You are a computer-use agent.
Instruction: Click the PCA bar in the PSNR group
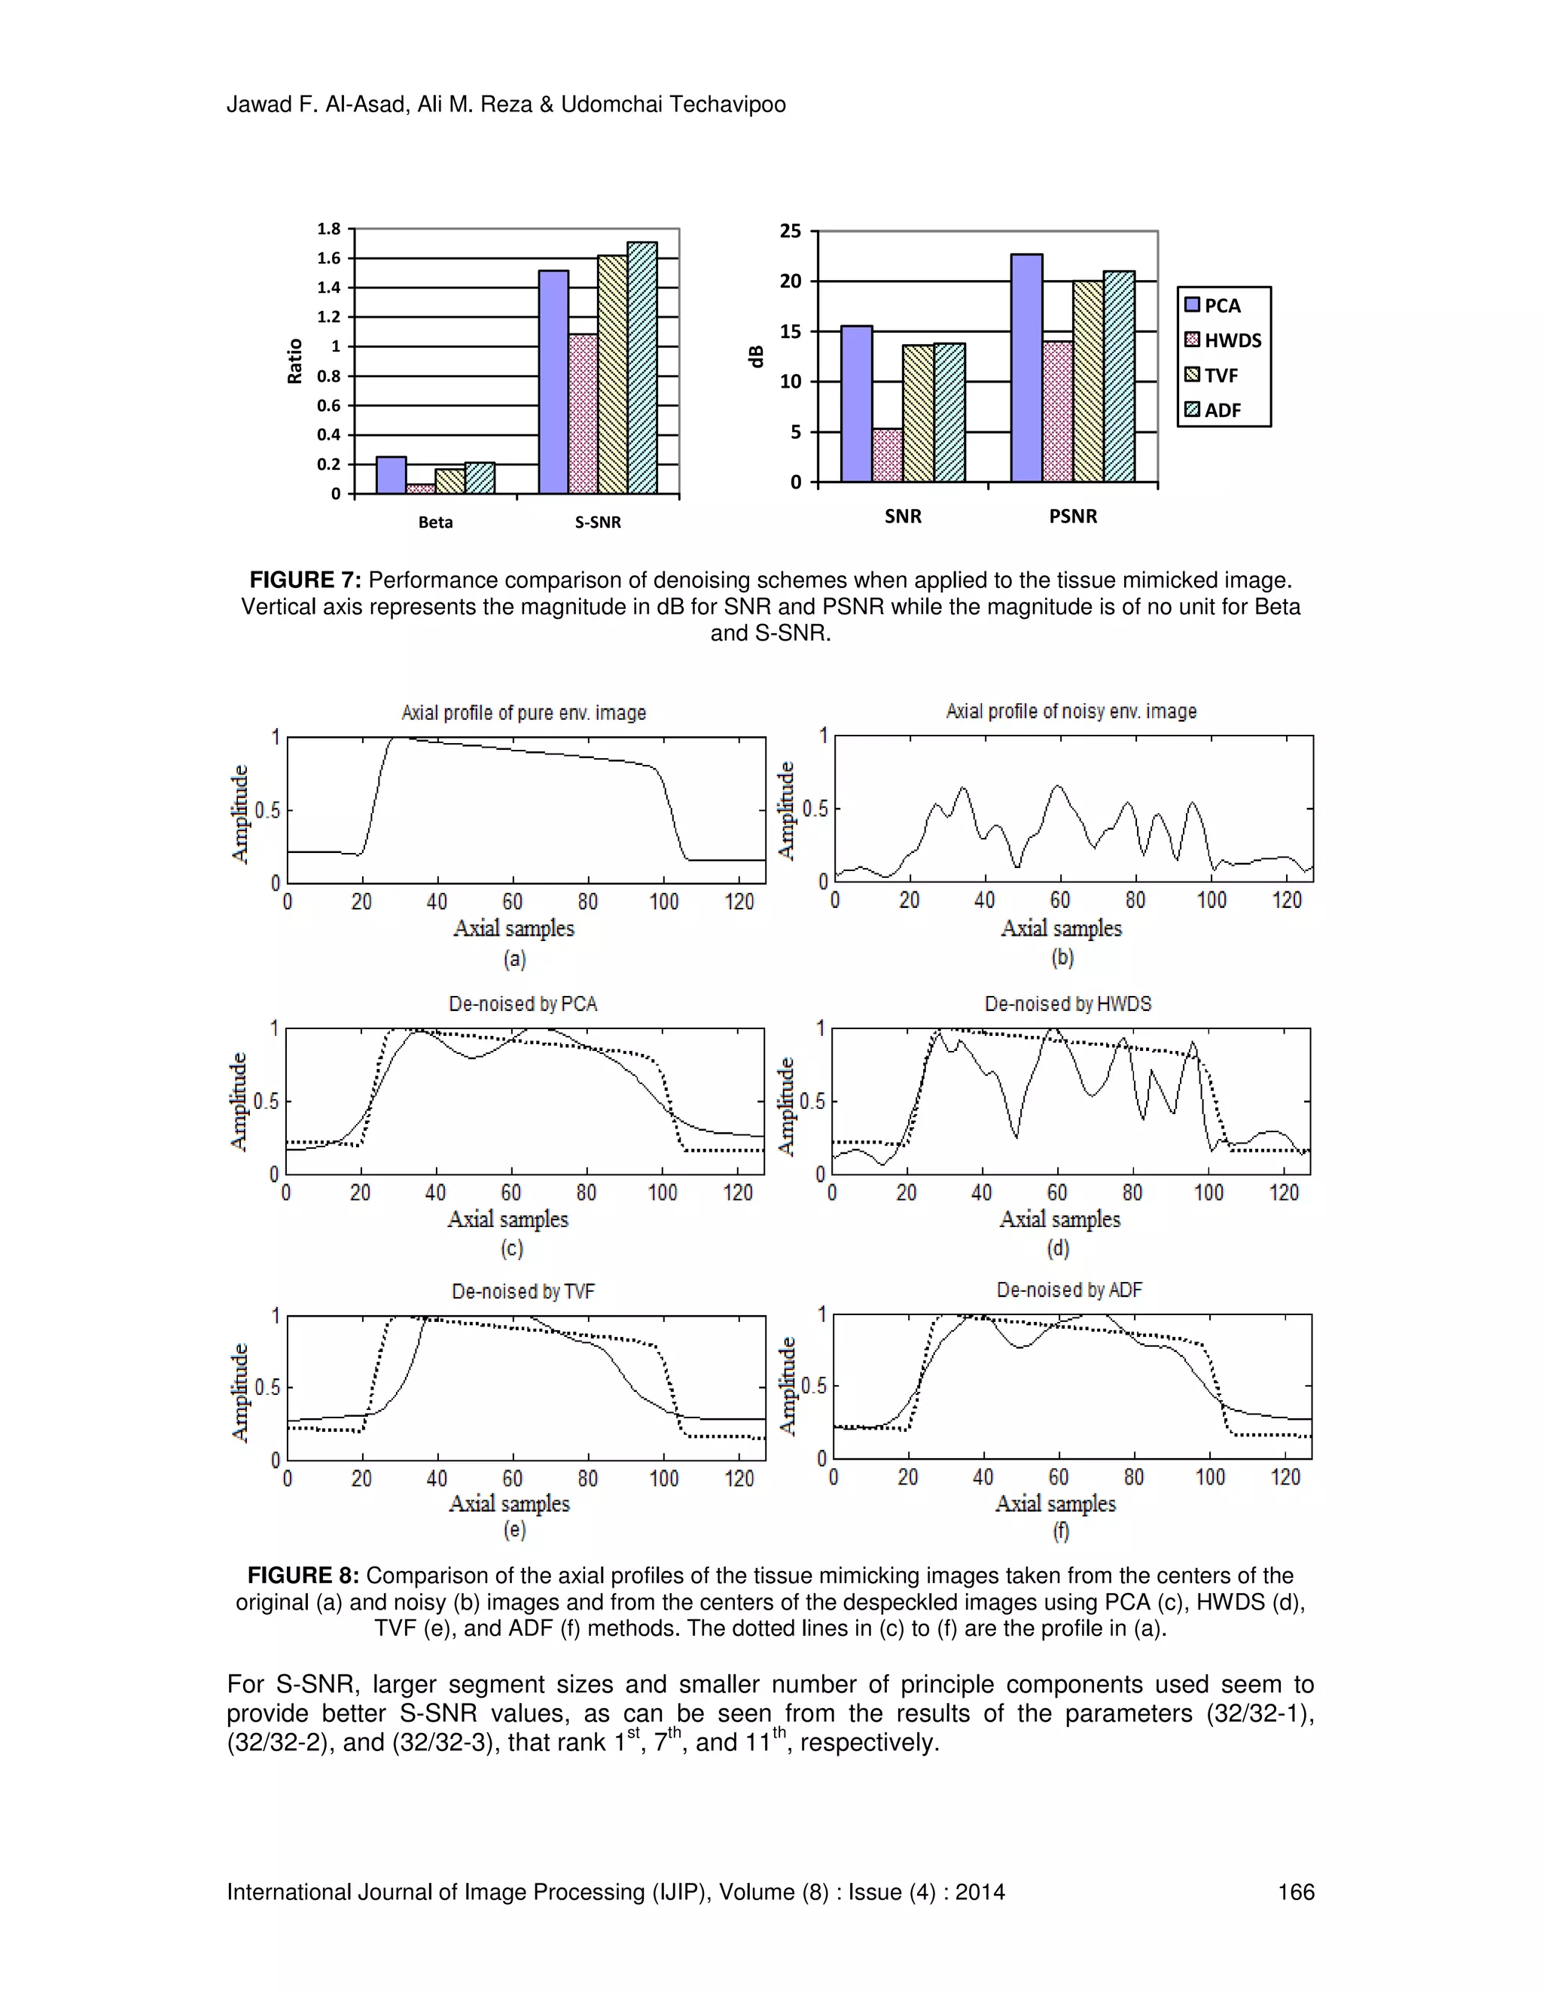(x=1027, y=368)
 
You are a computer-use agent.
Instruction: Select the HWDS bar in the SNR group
(x=887, y=455)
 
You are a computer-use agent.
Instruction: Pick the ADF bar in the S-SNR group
(x=642, y=368)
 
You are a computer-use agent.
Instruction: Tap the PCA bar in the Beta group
(x=391, y=476)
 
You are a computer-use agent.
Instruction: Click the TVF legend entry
(x=1220, y=376)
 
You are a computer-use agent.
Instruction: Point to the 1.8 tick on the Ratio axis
(x=329, y=230)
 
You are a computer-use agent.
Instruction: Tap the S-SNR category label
(x=597, y=522)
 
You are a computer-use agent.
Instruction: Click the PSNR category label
(x=1072, y=517)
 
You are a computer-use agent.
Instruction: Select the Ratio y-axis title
(x=295, y=361)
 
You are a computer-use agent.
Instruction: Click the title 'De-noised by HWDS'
(x=1068, y=1004)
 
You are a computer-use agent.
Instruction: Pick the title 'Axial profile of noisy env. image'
(x=1071, y=711)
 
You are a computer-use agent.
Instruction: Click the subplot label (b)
(x=1062, y=958)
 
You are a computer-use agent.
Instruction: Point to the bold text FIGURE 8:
(x=303, y=1576)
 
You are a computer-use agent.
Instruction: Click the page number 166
(x=1295, y=1892)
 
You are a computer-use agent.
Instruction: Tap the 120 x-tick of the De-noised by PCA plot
(x=737, y=1193)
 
